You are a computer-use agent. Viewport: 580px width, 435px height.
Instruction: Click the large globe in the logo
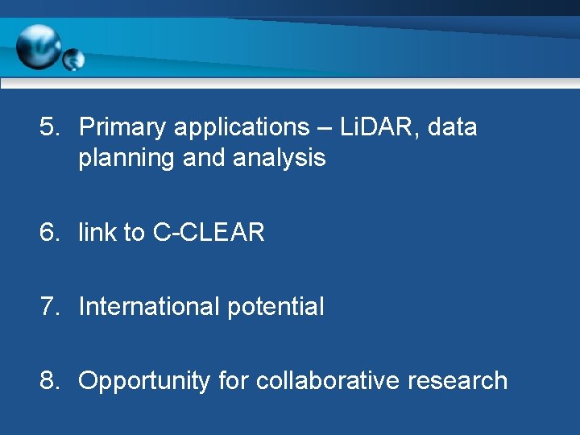pos(39,47)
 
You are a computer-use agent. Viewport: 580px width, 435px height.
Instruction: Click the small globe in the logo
pos(73,60)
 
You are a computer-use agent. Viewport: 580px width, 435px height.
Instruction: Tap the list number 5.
pos(50,127)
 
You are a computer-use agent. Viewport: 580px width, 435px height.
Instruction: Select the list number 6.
pos(50,233)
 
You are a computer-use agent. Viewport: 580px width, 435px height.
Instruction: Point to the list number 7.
pos(50,307)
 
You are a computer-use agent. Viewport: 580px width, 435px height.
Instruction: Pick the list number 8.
pos(50,381)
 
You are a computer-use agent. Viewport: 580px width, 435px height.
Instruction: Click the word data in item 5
pos(453,127)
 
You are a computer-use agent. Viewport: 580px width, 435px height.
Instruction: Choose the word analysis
pos(280,159)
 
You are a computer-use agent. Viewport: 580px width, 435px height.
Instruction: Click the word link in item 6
pos(97,233)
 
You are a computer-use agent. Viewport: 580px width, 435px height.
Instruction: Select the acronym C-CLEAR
pos(209,233)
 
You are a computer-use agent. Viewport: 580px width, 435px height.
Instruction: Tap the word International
pos(150,307)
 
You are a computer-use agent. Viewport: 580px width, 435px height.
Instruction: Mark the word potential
pos(276,307)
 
